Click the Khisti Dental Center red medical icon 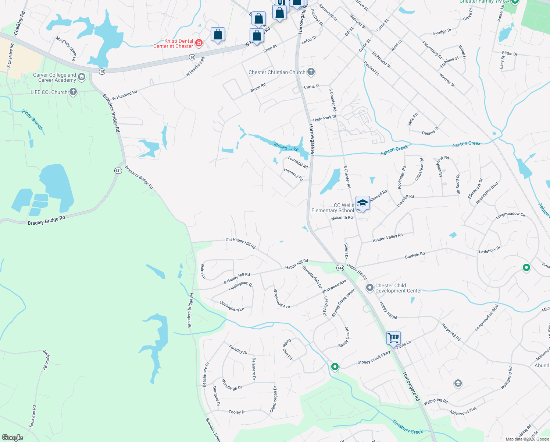[x=199, y=43]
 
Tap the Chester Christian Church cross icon [x=311, y=72]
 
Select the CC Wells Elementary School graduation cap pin [x=362, y=203]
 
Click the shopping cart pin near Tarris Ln [x=393, y=337]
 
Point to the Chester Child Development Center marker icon [x=370, y=287]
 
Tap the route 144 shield [x=340, y=268]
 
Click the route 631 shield [x=118, y=171]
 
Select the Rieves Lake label [x=286, y=147]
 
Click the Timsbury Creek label [x=407, y=427]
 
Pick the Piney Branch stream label [x=33, y=119]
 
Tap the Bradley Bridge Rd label [x=46, y=220]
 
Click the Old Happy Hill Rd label [x=240, y=242]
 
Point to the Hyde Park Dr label [x=325, y=118]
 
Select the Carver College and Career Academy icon [x=82, y=77]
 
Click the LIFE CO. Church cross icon [x=73, y=92]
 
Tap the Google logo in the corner [x=12, y=438]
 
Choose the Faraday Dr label [x=238, y=349]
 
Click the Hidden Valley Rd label [x=387, y=238]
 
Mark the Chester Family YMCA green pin [x=515, y=1]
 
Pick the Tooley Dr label [x=237, y=412]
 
